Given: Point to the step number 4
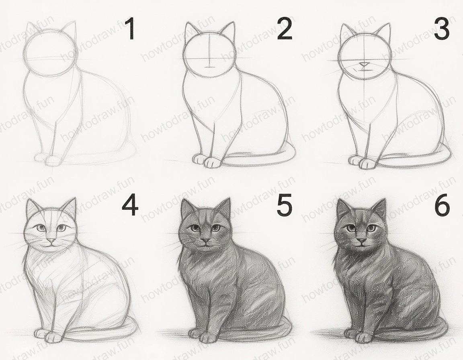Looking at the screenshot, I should tap(130, 205).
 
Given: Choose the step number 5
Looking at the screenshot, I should tap(284, 205).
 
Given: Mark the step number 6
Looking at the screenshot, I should tap(442, 205).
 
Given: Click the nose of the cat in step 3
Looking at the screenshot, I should tap(364, 64).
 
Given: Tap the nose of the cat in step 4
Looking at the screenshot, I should tap(51, 240).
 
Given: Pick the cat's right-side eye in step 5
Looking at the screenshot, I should tap(215, 228).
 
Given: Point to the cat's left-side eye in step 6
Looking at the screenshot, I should tap(351, 228).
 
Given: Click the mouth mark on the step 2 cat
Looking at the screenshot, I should tap(208, 66).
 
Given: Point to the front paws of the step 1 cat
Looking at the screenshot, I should tap(47, 160).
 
